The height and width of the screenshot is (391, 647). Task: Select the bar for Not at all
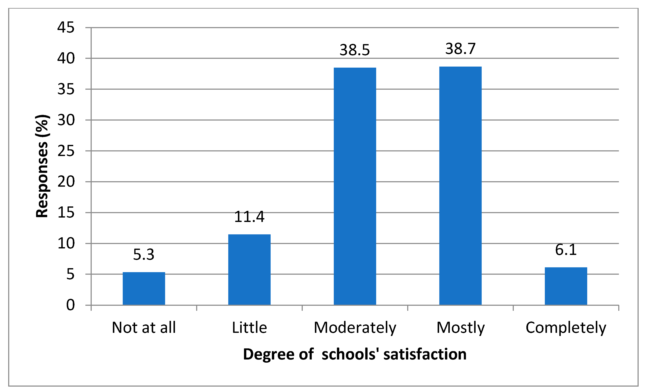click(144, 288)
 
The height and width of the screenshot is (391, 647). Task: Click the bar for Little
click(249, 269)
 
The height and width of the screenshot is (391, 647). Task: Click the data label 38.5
click(355, 50)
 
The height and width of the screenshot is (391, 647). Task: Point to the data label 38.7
click(460, 49)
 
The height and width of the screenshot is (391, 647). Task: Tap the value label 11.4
click(249, 217)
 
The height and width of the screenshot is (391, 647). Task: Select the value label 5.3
click(144, 254)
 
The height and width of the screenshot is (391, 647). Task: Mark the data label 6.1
click(566, 250)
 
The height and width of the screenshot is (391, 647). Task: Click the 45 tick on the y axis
click(66, 27)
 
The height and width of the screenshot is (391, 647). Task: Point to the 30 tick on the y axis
click(66, 120)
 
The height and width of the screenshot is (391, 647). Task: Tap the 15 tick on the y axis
click(66, 212)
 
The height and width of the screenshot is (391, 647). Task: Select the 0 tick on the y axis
click(70, 305)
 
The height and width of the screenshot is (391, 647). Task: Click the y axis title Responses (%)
click(42, 166)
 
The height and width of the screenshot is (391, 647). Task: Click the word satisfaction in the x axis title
click(425, 354)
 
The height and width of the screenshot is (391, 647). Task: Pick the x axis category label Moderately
click(355, 328)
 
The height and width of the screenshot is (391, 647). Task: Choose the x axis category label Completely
click(566, 328)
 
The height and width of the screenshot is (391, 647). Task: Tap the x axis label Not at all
click(144, 327)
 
